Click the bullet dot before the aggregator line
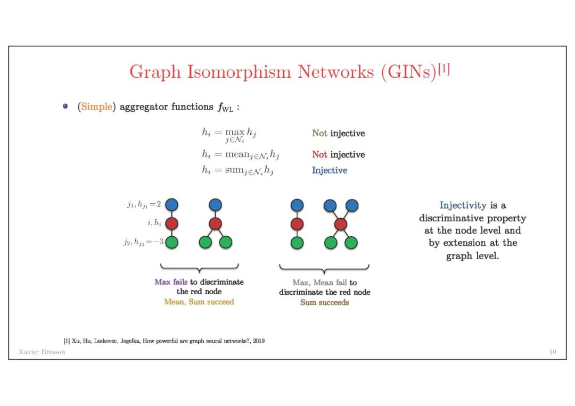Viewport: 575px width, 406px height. point(65,106)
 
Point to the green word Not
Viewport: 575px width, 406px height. point(319,134)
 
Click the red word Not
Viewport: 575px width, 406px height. point(319,155)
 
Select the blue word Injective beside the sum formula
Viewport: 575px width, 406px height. point(330,171)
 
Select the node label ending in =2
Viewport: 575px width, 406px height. point(143,204)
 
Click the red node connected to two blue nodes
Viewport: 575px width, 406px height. point(341,224)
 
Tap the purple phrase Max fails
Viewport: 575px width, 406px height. point(171,282)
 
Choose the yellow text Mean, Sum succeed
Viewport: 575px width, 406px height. point(199,302)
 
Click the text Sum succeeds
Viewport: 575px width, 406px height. point(325,303)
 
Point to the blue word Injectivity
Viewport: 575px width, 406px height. point(463,205)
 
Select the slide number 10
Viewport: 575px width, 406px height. point(552,352)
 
